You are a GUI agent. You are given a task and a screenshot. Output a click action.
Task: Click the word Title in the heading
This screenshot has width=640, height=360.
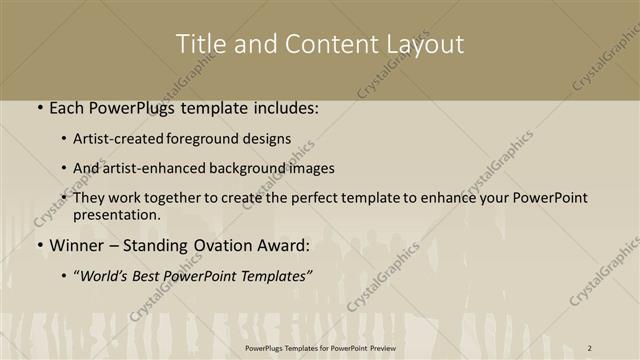click(x=200, y=44)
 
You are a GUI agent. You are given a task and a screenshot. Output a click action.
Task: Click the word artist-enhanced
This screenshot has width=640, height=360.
click(x=158, y=169)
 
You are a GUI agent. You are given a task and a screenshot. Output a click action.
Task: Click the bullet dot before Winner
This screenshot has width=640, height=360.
click(x=39, y=246)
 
